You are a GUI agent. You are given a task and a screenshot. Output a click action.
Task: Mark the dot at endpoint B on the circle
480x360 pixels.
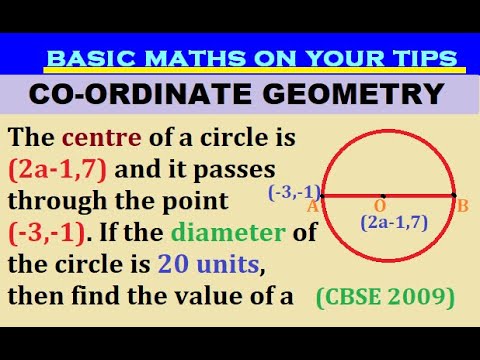tap(453, 195)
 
